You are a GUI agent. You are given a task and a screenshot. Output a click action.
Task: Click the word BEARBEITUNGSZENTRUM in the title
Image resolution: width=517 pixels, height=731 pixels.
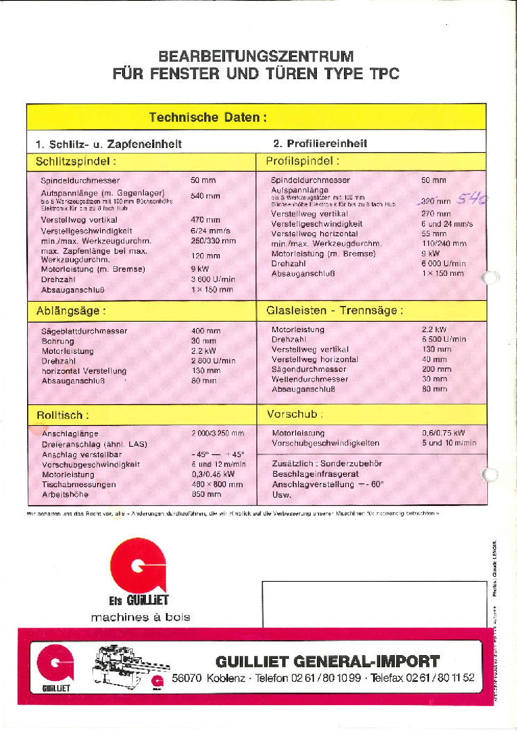[x=256, y=56]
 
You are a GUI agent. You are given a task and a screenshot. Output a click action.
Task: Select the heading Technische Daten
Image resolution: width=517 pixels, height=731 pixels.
[x=208, y=117]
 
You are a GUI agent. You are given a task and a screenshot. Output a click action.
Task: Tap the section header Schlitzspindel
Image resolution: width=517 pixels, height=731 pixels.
[x=76, y=162]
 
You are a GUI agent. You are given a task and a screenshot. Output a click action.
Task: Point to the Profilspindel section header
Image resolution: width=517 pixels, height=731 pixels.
[x=302, y=161]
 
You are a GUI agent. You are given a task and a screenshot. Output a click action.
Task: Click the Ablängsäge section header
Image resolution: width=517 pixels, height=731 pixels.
[x=71, y=311]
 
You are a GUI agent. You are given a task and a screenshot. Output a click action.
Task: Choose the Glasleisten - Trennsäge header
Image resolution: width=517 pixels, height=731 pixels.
[x=334, y=311]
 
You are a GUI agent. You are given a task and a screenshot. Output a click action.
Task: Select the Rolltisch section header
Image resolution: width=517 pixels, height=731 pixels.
[x=63, y=416]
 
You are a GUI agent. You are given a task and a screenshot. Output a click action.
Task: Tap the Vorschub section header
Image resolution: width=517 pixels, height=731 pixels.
[x=295, y=414]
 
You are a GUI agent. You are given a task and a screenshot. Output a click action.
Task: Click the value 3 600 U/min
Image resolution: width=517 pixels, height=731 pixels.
[x=213, y=280]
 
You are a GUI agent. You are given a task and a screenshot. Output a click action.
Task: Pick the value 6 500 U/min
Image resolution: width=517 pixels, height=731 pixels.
[x=444, y=339]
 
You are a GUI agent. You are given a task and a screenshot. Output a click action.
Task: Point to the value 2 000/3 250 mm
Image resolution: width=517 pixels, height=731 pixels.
[x=218, y=433]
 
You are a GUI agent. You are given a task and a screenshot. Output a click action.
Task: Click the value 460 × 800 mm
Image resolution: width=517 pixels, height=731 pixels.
[x=217, y=484]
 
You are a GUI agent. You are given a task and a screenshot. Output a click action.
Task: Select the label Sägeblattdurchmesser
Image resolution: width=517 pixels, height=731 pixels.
[x=84, y=331]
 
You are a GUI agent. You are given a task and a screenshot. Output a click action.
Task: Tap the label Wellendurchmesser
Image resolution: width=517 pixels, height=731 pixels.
[x=310, y=379]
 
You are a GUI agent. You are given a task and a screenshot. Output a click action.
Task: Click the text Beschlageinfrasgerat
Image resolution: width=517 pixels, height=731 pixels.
[x=315, y=474]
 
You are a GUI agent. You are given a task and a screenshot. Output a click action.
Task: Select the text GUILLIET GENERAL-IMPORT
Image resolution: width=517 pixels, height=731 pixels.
[x=327, y=661]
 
